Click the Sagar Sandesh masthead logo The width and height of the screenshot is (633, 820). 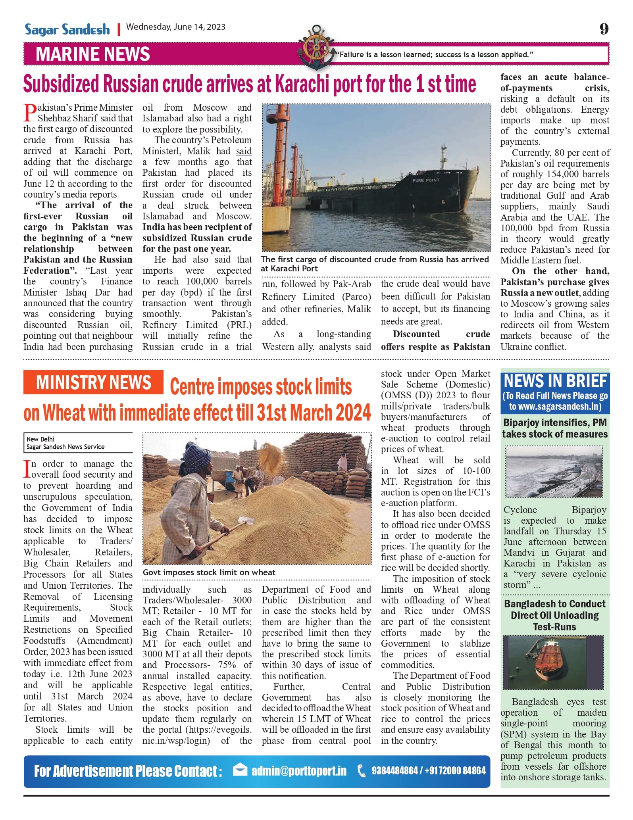coord(67,29)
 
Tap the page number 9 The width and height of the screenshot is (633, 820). coord(604,29)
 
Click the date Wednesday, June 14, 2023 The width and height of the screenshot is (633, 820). coord(175,27)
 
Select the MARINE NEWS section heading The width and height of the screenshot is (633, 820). coord(93,54)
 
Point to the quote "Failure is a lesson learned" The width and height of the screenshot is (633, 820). coord(434,54)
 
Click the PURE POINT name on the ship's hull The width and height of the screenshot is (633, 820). coord(426,180)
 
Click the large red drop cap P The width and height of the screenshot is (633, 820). coord(30,113)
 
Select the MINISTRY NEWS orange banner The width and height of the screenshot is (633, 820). coord(93,382)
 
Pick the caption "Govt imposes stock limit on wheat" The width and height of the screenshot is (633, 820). coord(209,572)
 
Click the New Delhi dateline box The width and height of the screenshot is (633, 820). coord(78,443)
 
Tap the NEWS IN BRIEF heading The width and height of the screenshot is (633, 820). coord(555,381)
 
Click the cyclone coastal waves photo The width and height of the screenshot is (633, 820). coord(554,471)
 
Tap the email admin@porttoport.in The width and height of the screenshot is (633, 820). coord(299,771)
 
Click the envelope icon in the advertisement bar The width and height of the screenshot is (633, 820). coord(240,770)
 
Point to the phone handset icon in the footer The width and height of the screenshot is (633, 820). coord(362,771)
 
